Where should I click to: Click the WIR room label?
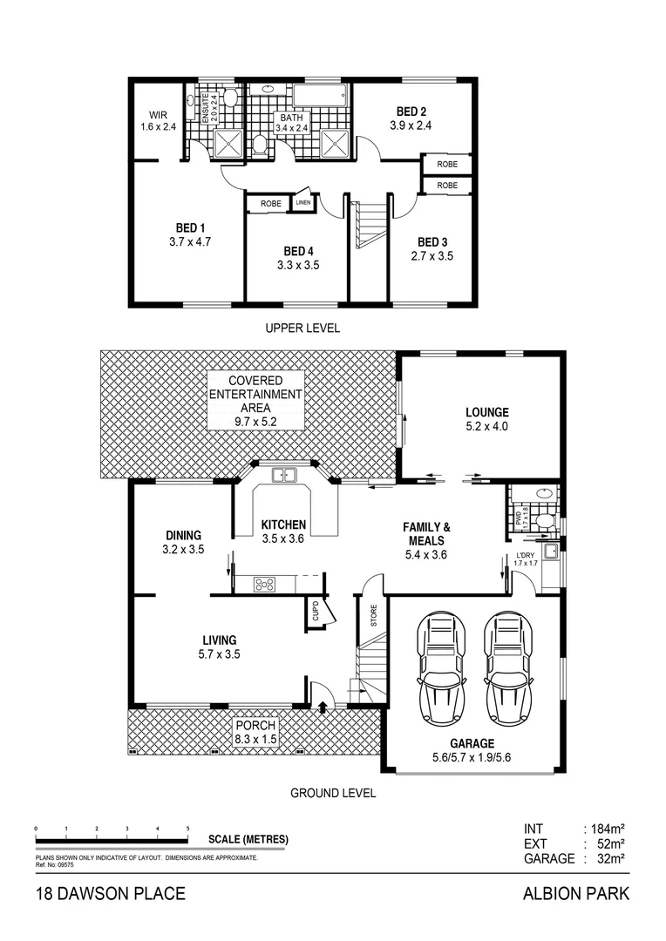158,114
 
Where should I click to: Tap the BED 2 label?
411,112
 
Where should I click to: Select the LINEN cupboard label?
302,203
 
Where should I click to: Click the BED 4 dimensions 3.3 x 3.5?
298,265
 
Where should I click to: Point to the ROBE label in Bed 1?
270,204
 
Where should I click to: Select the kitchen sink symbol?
284,476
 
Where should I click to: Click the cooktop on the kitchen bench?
265,584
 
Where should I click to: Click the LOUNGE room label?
486,412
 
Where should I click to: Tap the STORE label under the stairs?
373,618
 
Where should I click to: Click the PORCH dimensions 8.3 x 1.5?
255,740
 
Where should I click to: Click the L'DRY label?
525,555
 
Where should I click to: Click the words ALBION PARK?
574,893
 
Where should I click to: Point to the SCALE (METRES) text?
248,840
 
